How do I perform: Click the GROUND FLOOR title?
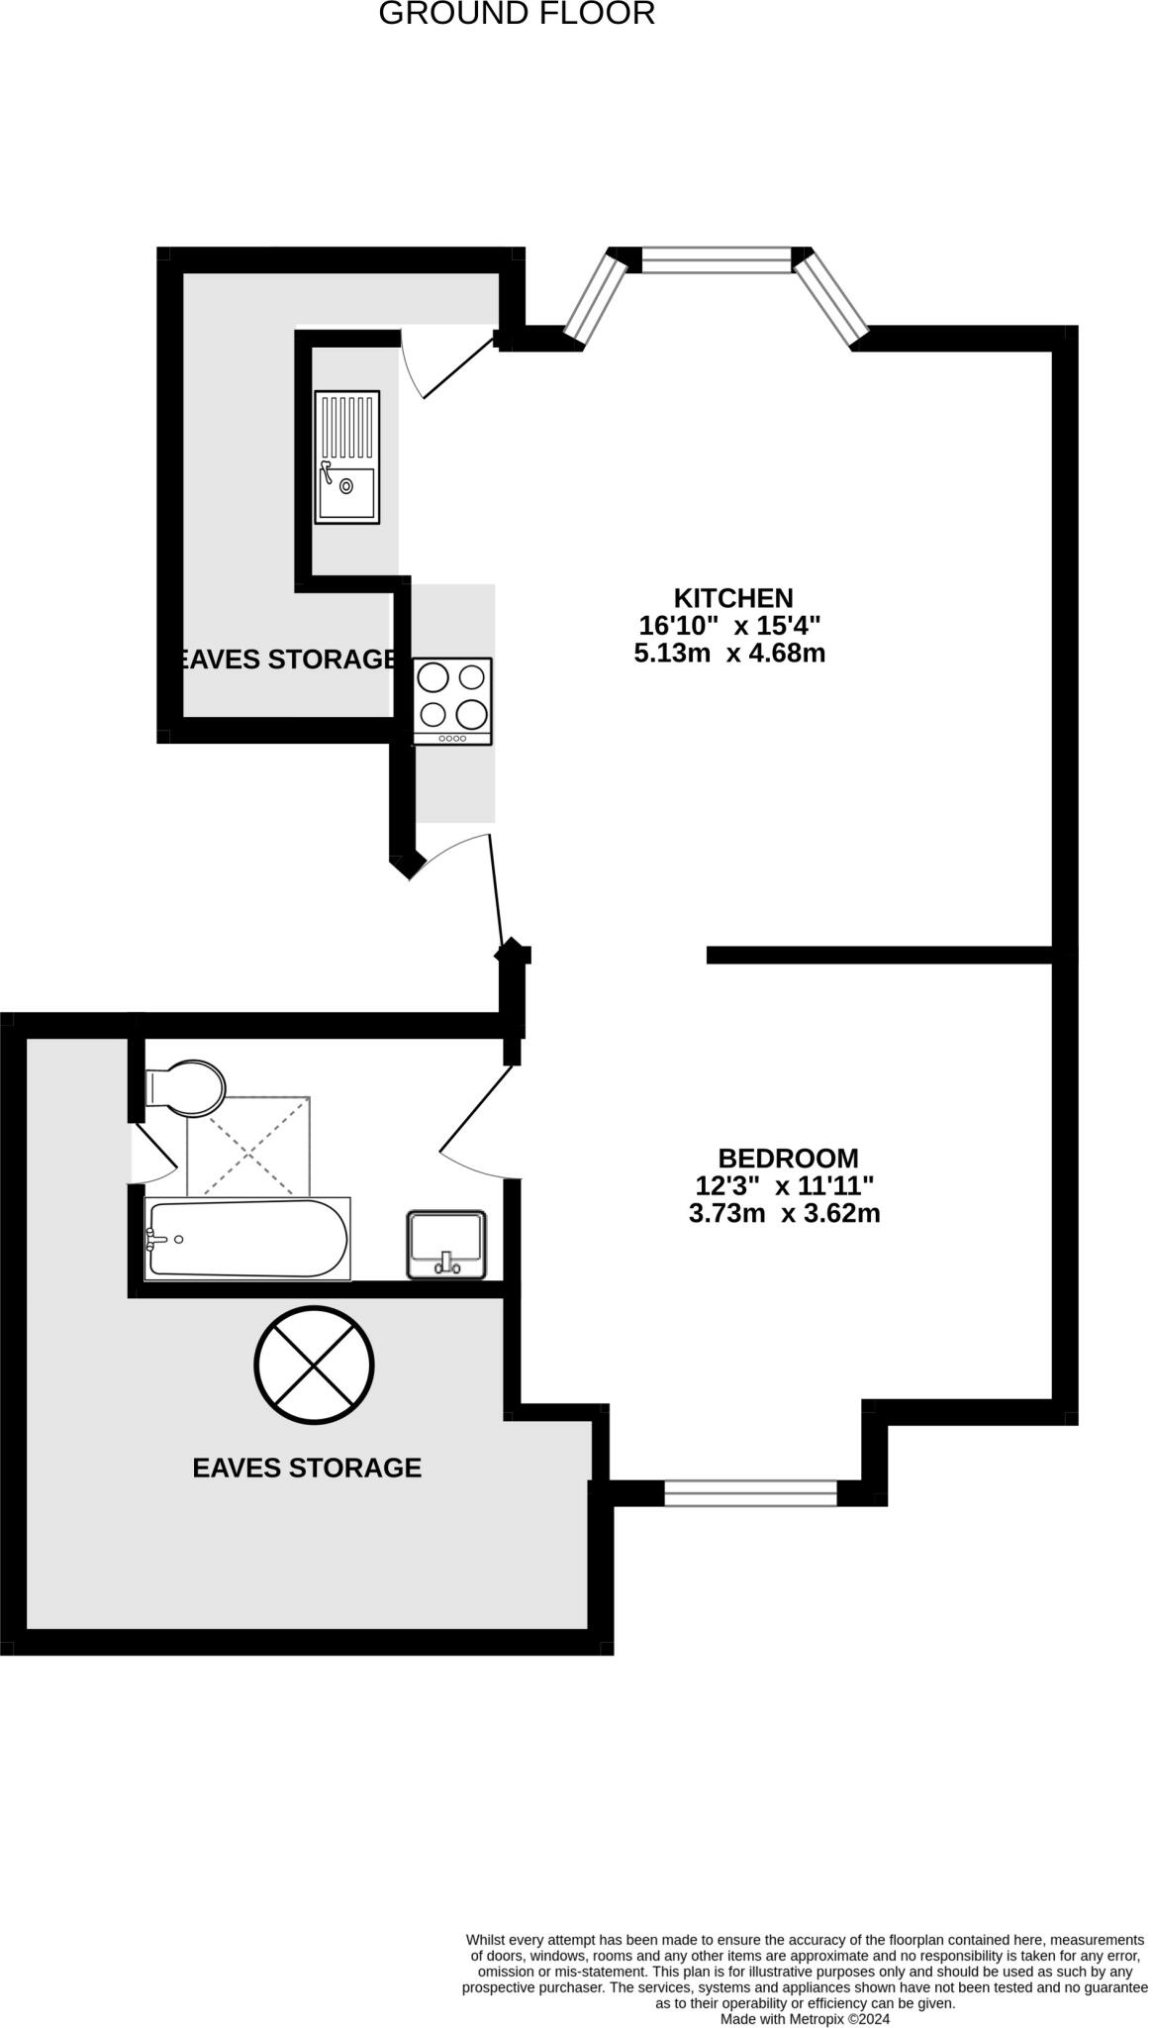pyautogui.click(x=517, y=14)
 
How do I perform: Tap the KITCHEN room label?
pyautogui.click(x=733, y=598)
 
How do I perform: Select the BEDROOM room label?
pyautogui.click(x=788, y=1158)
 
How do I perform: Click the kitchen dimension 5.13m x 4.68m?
pyautogui.click(x=729, y=654)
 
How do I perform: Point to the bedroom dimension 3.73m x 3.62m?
pyautogui.click(x=784, y=1213)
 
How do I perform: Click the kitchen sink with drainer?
pyautogui.click(x=346, y=456)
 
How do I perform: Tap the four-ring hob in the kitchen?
pyautogui.click(x=452, y=701)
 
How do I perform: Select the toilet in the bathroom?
pyautogui.click(x=187, y=1087)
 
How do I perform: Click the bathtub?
pyautogui.click(x=246, y=1238)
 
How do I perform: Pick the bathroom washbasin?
pyautogui.click(x=446, y=1245)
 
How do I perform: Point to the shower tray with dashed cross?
pyautogui.click(x=248, y=1147)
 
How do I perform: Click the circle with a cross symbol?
pyautogui.click(x=314, y=1365)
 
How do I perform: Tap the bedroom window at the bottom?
pyautogui.click(x=750, y=1492)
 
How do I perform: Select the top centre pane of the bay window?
pyautogui.click(x=718, y=260)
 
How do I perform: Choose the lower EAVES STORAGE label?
pyautogui.click(x=307, y=1468)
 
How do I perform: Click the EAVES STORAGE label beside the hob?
pyautogui.click(x=287, y=659)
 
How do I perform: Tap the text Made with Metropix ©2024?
pyautogui.click(x=806, y=2018)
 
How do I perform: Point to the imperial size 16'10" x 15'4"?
pyautogui.click(x=729, y=626)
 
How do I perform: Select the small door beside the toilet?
pyautogui.click(x=153, y=1153)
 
